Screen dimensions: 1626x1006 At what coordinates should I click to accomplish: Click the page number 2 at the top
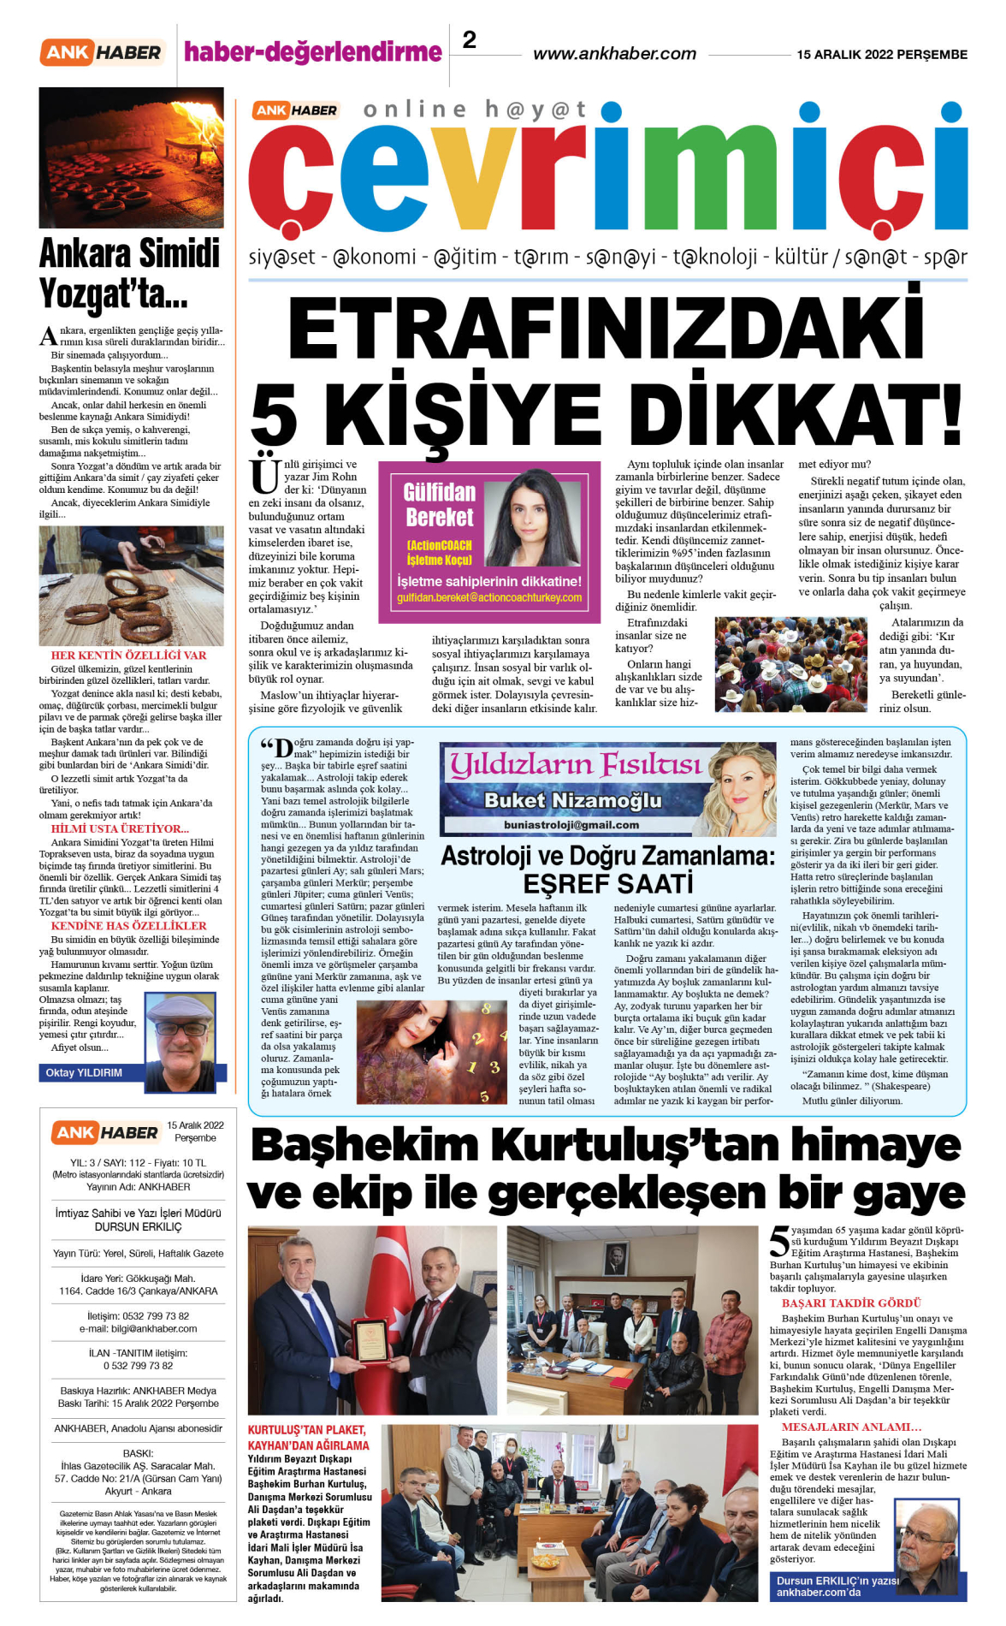pos(470,40)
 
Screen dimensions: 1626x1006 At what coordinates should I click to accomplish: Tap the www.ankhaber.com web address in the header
pos(614,54)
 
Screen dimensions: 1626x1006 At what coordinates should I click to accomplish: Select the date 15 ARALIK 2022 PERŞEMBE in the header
pos(882,55)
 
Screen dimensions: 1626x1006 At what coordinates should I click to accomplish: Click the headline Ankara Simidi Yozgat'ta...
pos(130,274)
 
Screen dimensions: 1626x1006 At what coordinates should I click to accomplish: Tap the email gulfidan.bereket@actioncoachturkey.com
pos(489,598)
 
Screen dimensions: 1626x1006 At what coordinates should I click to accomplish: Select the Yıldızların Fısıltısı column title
pos(575,764)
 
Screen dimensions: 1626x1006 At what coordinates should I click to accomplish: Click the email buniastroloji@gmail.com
pos(571,825)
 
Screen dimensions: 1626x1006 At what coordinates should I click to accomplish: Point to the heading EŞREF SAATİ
pos(607,883)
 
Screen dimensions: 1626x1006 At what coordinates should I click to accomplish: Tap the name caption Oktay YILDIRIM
pos(84,1072)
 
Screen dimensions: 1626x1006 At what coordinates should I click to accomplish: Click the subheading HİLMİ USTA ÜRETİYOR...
pos(120,828)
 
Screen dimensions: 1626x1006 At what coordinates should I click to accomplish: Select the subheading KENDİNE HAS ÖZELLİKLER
pos(128,926)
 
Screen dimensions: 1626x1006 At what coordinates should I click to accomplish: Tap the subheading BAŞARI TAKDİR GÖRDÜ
pos(839,1303)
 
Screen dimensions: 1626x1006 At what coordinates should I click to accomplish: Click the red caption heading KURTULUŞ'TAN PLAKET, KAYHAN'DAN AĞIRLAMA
pos(308,1438)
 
